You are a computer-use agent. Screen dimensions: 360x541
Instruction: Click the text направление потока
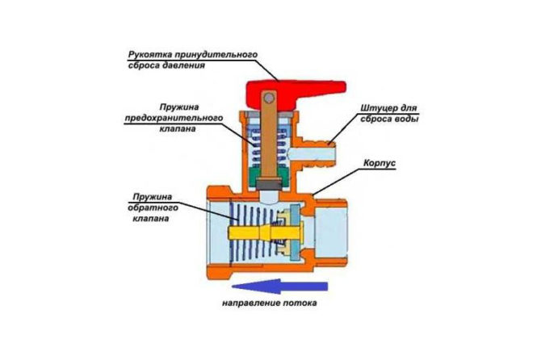(266, 304)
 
